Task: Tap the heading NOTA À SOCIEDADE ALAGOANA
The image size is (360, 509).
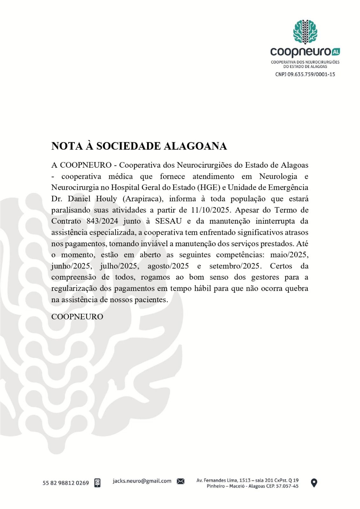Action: (139, 146)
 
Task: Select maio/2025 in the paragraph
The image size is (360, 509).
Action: (289, 255)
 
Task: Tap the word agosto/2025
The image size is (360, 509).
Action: (168, 266)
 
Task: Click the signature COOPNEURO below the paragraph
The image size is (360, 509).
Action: (77, 317)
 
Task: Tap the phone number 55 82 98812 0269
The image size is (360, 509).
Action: (66, 483)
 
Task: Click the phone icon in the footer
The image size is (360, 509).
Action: (97, 483)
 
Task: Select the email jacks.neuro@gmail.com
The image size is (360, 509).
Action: (142, 481)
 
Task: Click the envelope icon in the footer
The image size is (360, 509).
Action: (180, 481)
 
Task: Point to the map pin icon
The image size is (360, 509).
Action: (314, 483)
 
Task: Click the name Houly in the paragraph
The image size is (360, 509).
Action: (106, 199)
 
